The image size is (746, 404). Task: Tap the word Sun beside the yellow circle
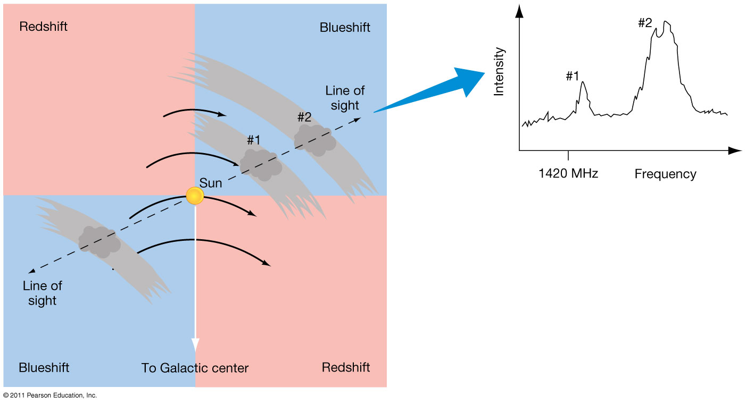click(x=211, y=183)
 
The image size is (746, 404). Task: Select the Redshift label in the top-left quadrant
click(x=44, y=26)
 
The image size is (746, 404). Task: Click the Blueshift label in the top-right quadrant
click(x=345, y=27)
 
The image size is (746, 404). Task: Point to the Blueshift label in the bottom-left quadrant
click(x=44, y=367)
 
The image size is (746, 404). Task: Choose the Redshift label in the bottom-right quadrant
click(x=346, y=367)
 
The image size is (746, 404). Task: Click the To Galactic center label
click(x=195, y=368)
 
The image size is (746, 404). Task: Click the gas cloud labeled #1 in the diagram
click(x=260, y=164)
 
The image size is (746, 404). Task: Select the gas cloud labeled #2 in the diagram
click(x=315, y=140)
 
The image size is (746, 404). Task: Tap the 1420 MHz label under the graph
click(x=568, y=173)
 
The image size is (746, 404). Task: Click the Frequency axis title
click(x=665, y=174)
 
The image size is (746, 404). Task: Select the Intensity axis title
click(x=499, y=71)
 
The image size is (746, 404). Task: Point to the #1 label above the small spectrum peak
click(x=572, y=76)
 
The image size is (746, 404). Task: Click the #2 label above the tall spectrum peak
click(x=645, y=23)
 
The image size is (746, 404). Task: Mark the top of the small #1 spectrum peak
click(x=583, y=82)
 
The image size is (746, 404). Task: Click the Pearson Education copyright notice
click(x=50, y=395)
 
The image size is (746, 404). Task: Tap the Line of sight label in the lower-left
click(x=42, y=293)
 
